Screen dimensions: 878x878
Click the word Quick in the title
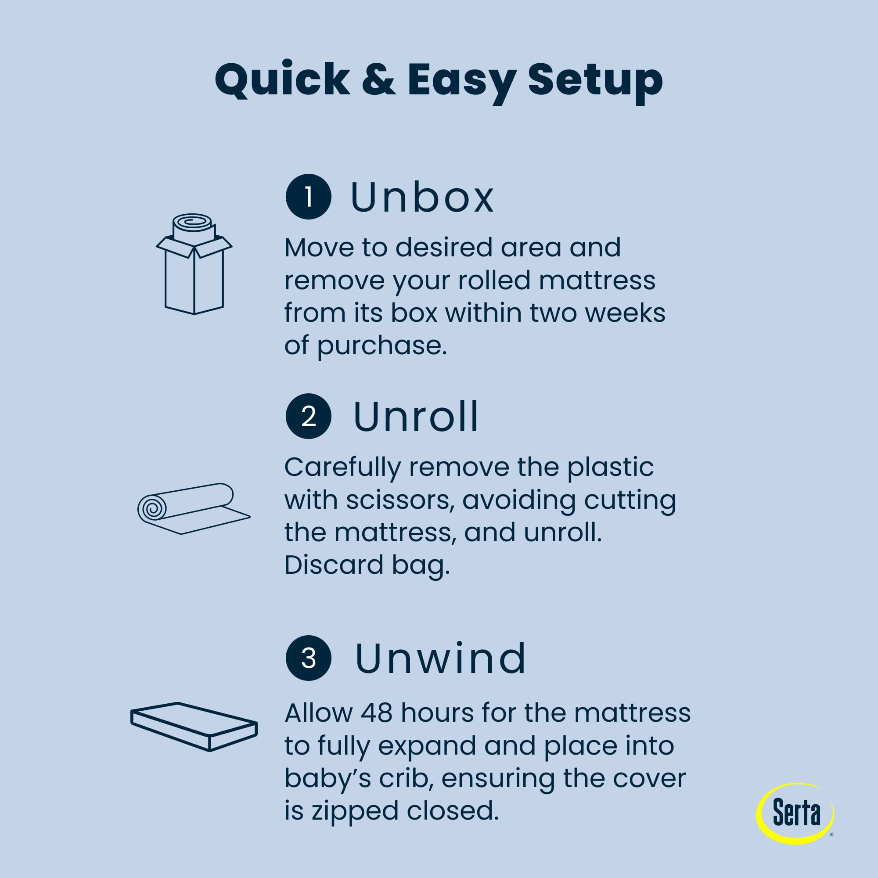282,80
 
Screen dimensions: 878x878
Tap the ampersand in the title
378,79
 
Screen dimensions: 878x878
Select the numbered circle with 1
308,197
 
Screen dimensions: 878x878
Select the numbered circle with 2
308,416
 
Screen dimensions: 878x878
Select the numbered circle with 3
308,658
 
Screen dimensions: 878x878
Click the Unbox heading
422,197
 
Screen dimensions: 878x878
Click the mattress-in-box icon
194,263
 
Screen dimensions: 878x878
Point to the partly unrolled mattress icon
193,508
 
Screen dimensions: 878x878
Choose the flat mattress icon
194,726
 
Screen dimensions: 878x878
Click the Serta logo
795,813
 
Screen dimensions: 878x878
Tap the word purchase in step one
382,346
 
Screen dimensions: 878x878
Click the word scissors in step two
400,500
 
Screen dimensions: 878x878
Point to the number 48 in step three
376,712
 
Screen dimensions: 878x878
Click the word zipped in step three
355,812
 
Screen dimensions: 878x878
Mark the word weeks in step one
625,313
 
